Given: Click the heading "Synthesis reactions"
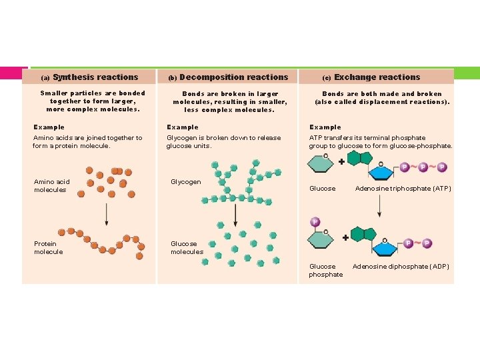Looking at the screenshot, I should click(95, 77).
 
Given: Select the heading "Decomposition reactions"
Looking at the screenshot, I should click(233, 77).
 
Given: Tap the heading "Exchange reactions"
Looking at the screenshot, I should click(377, 77).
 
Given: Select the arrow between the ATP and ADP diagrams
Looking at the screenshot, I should click(379, 206).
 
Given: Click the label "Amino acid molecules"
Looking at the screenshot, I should click(51, 185).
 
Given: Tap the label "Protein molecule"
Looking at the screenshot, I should click(48, 247).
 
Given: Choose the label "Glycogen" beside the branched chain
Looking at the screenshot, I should click(185, 181).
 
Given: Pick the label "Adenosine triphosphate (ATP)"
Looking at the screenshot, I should click(403, 189).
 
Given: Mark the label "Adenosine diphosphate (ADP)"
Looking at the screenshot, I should click(400, 267).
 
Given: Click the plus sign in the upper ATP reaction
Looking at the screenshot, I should click(341, 161).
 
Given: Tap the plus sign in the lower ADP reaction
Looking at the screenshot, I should click(345, 237).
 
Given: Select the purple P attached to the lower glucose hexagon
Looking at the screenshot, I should click(315, 222).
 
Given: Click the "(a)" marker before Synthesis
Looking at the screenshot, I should click(45, 78).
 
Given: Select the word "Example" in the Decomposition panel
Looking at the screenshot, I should click(182, 127).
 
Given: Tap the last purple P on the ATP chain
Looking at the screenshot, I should click(442, 167).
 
